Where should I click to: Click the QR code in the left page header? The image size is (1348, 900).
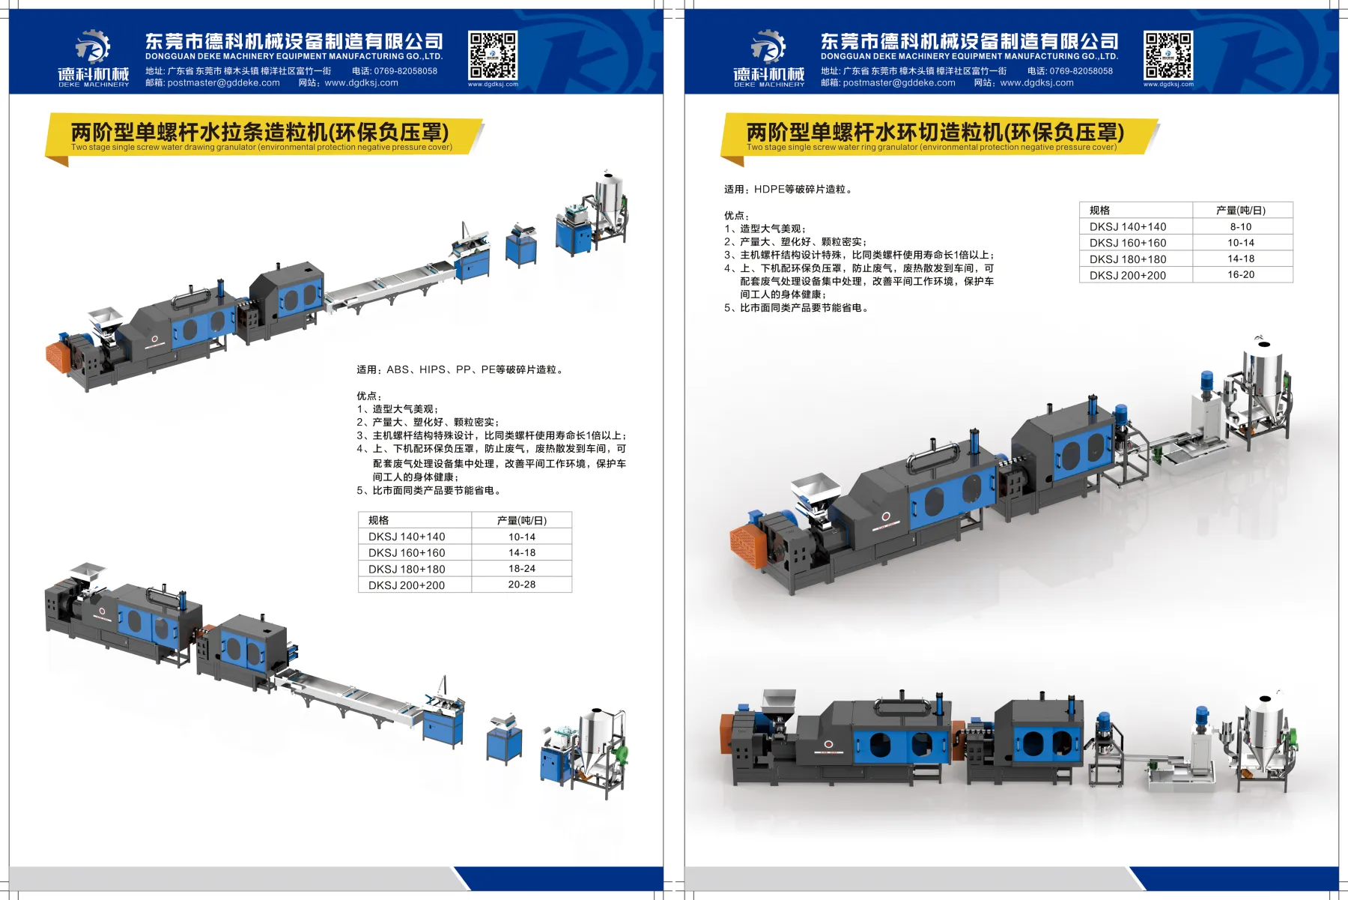pyautogui.click(x=493, y=55)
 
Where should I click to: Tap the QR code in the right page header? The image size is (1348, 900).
pyautogui.click(x=1168, y=55)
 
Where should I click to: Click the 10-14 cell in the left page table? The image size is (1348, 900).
pyautogui.click(x=522, y=537)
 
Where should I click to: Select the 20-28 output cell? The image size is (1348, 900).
pyautogui.click(x=522, y=585)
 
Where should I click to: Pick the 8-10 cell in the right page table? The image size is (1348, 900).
pyautogui.click(x=1241, y=226)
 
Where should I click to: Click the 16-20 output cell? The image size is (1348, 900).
pyautogui.click(x=1241, y=274)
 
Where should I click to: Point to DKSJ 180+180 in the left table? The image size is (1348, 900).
pyautogui.click(x=407, y=569)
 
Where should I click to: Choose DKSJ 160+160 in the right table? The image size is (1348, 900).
pyautogui.click(x=1128, y=243)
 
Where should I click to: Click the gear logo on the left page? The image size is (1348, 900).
pyautogui.click(x=93, y=46)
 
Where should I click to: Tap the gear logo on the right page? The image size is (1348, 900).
pyautogui.click(x=768, y=46)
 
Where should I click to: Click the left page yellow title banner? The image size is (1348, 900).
pyautogui.click(x=262, y=136)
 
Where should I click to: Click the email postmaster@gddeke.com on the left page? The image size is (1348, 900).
pyautogui.click(x=224, y=83)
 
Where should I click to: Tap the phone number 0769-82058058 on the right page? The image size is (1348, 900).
pyautogui.click(x=1081, y=71)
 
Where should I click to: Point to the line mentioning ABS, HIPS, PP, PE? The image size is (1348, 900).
pyautogui.click(x=460, y=369)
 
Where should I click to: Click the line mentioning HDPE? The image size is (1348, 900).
pyautogui.click(x=788, y=189)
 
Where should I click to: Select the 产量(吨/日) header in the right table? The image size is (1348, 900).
pyautogui.click(x=1241, y=211)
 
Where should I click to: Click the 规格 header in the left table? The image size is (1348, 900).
pyautogui.click(x=378, y=520)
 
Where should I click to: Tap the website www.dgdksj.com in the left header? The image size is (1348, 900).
pyautogui.click(x=362, y=83)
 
